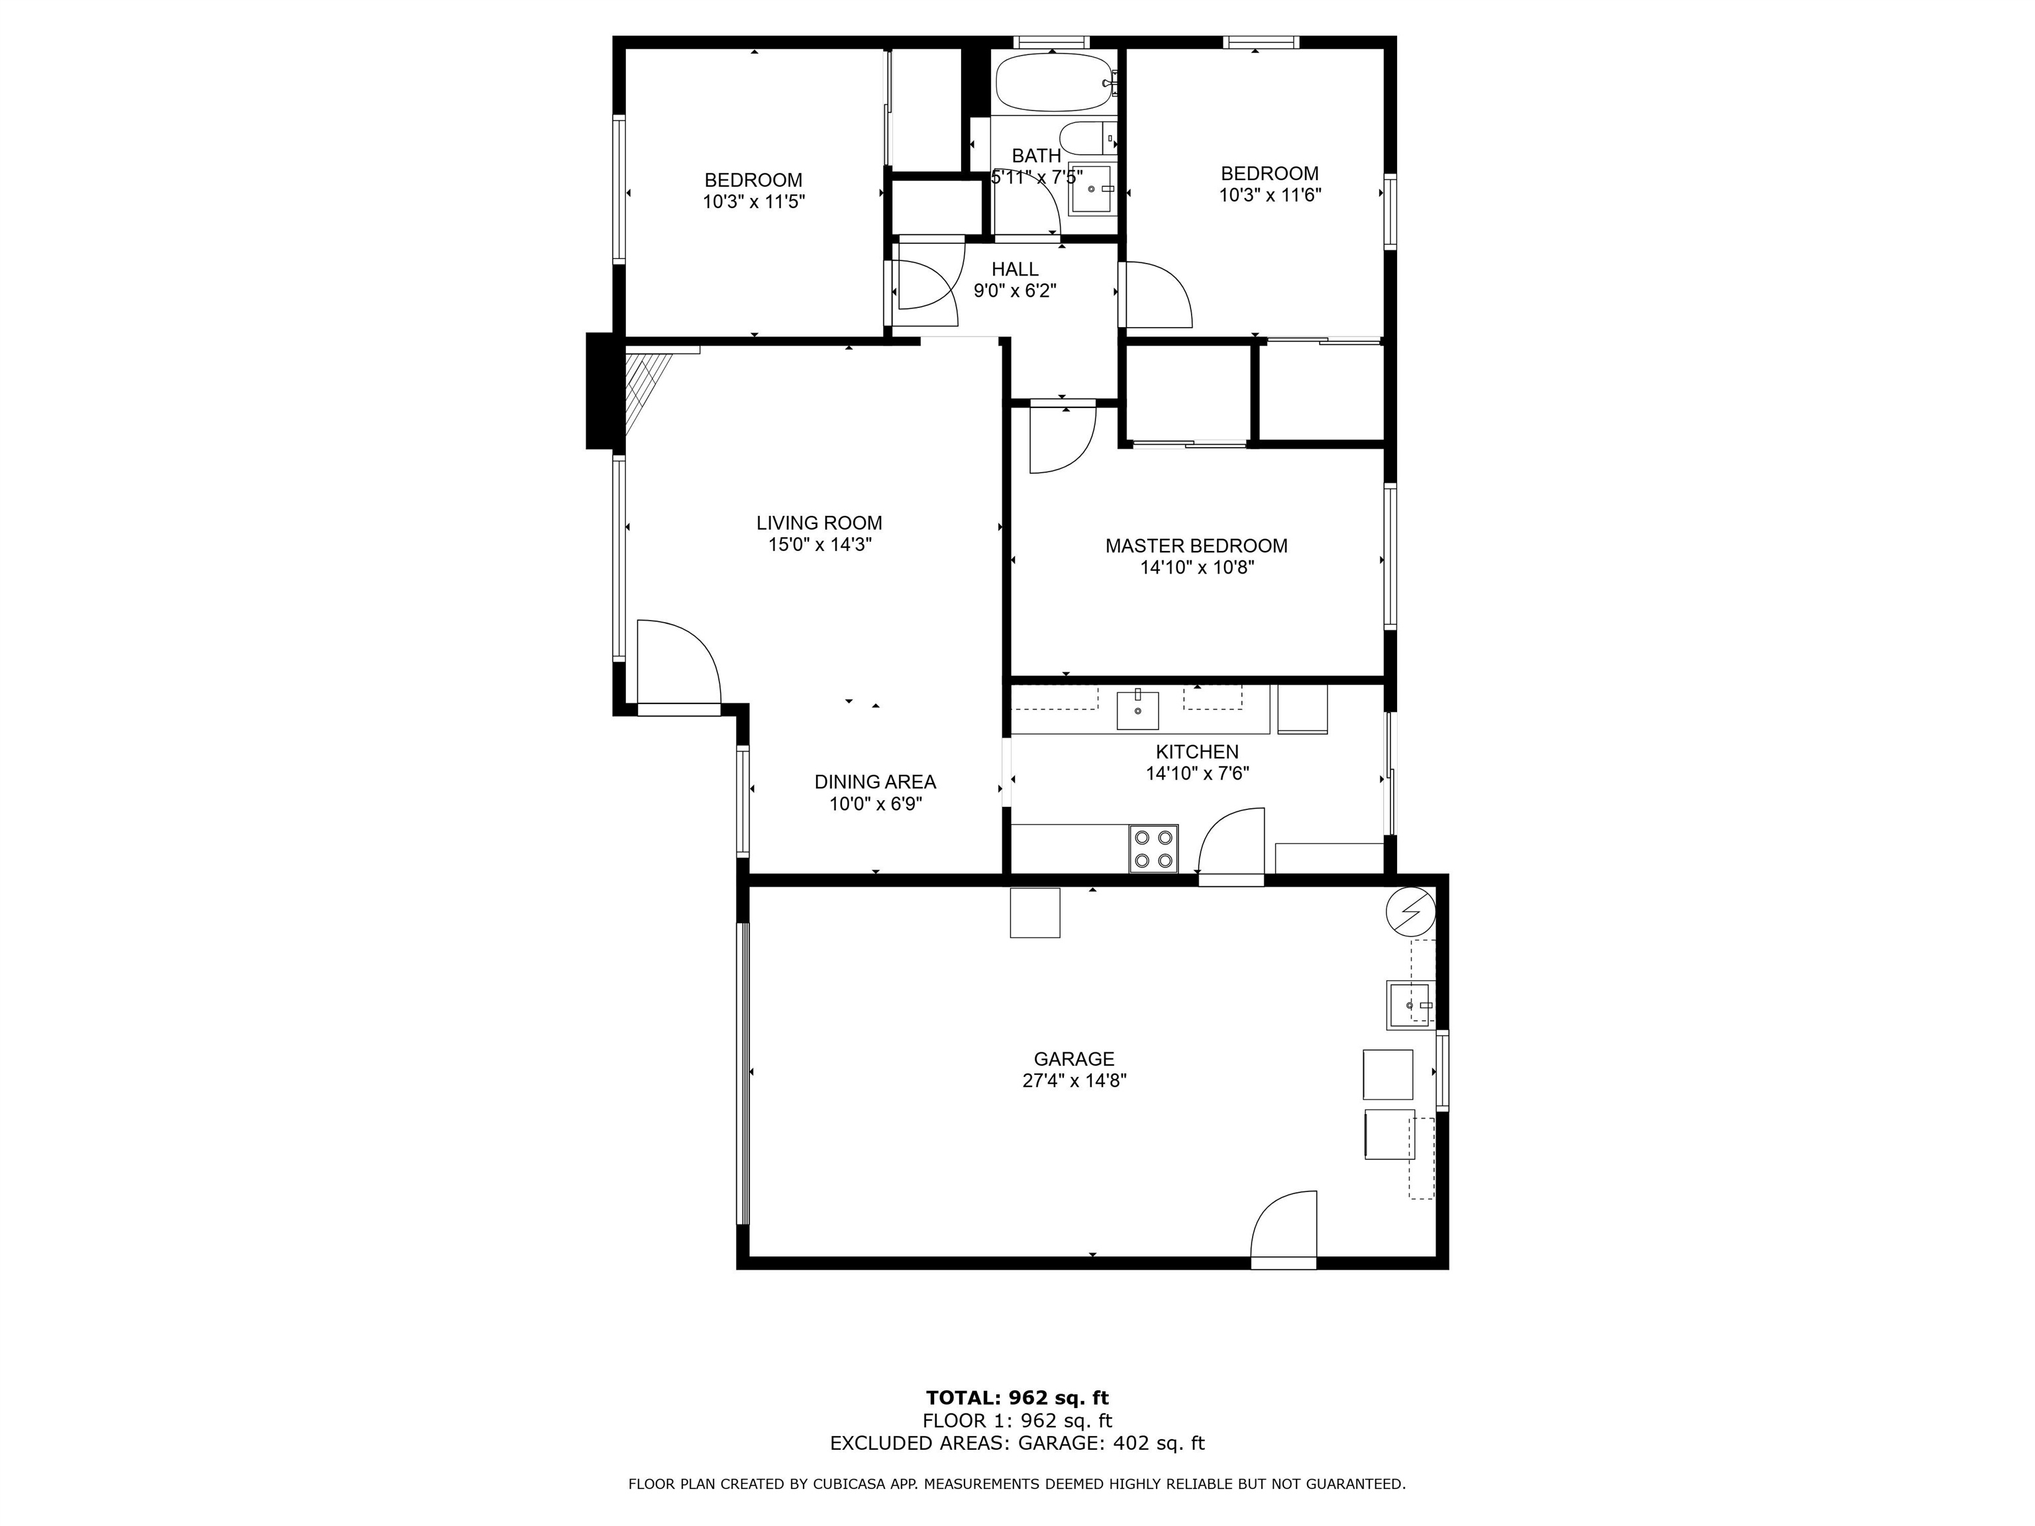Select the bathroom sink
(1092, 189)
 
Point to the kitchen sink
(1138, 709)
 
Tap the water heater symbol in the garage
(1410, 911)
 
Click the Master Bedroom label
(1196, 546)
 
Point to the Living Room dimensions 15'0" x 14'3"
(819, 544)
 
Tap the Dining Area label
(875, 782)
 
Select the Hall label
(1015, 270)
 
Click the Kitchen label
(1197, 752)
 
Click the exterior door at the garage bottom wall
(1283, 1230)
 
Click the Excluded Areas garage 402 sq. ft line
(1017, 1443)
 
